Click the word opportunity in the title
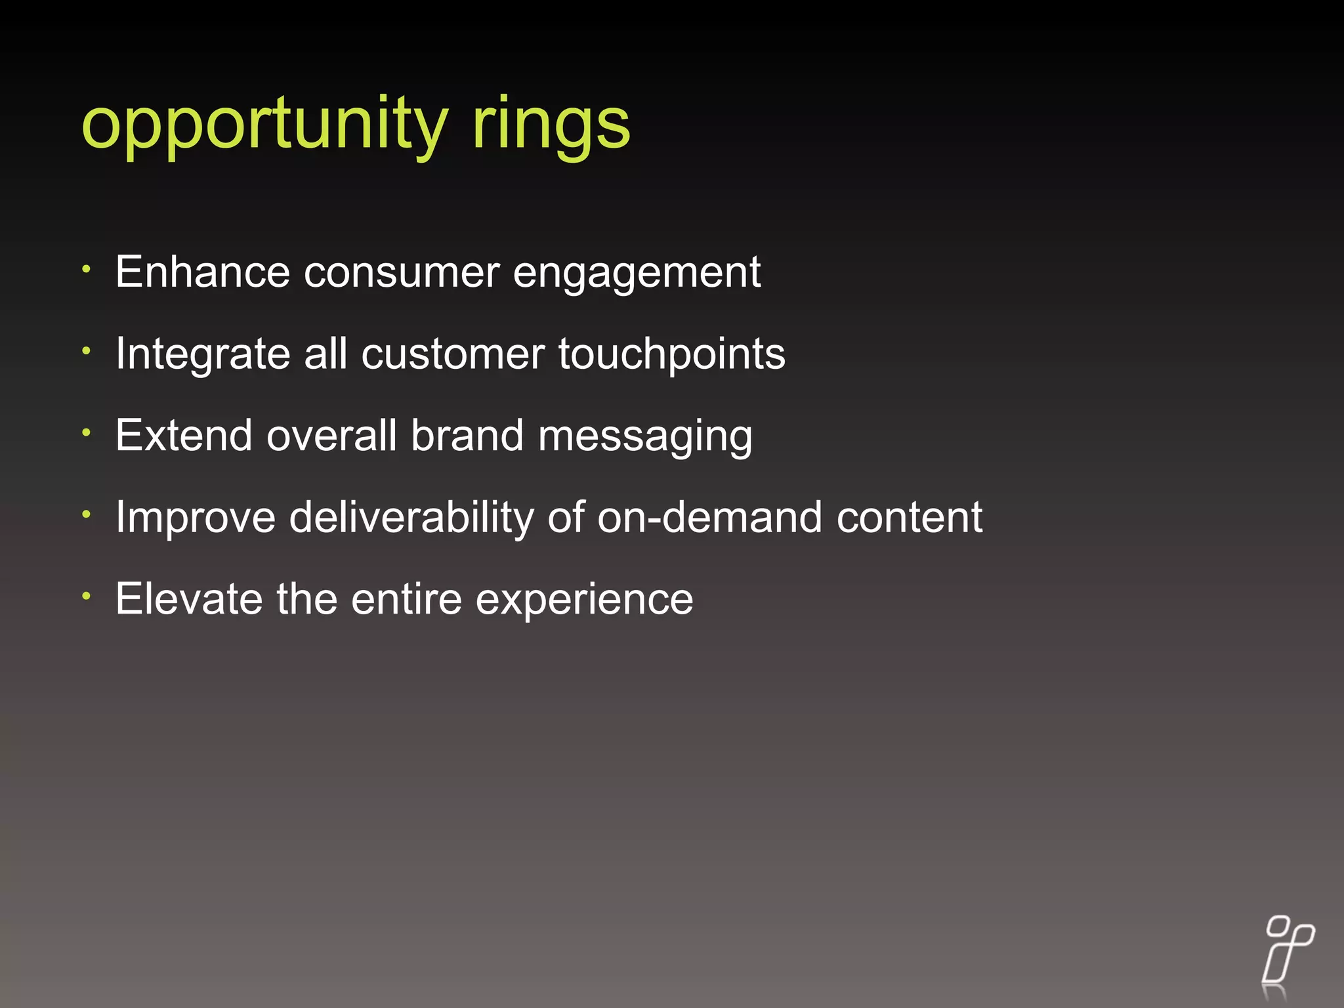[264, 125]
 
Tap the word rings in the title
[551, 125]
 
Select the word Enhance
[202, 272]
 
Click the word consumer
[401, 273]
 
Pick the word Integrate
[202, 354]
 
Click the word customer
[453, 354]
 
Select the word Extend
[183, 436]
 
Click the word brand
[467, 436]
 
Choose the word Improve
[196, 518]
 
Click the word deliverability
[411, 518]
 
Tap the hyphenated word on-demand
[709, 518]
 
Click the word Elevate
[188, 599]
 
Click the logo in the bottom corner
[1288, 957]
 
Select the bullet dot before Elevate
[86, 596]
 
